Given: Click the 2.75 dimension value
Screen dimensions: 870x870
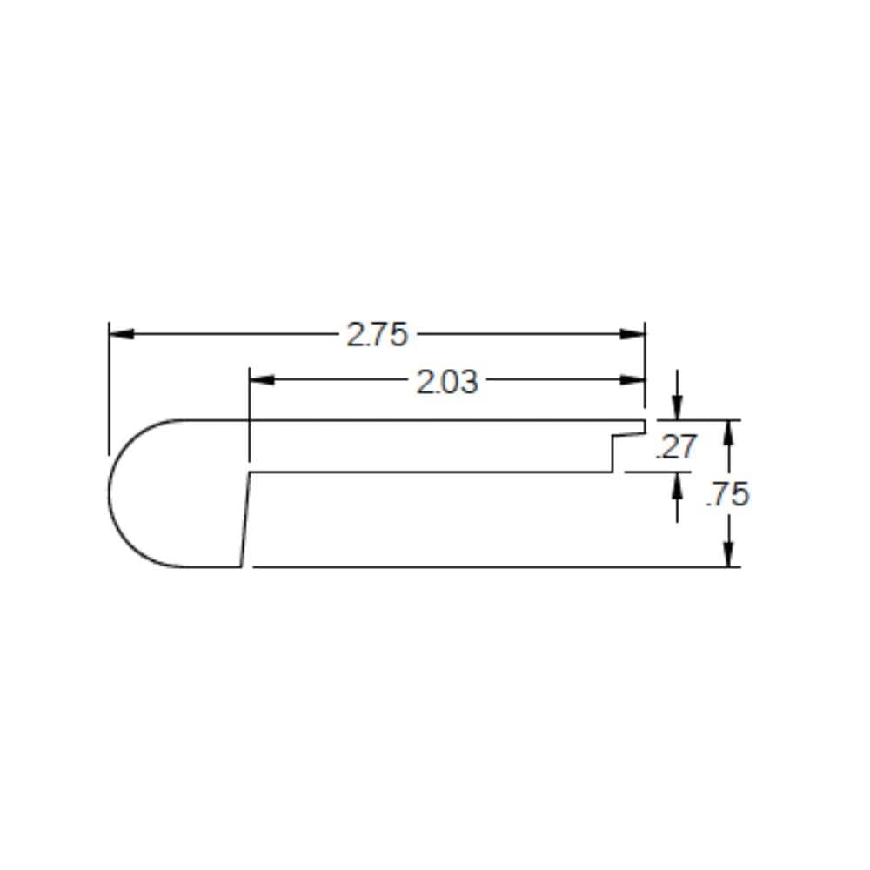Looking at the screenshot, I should click(x=377, y=335).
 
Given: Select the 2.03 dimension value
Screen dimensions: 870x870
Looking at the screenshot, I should click(x=446, y=381).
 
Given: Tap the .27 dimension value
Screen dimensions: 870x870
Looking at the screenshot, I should click(x=676, y=447).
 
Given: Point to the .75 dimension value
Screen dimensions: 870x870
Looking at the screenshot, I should click(x=727, y=494).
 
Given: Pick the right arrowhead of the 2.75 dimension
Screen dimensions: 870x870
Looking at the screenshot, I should click(x=632, y=334).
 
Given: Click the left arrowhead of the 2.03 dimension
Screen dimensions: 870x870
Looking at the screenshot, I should click(x=262, y=380).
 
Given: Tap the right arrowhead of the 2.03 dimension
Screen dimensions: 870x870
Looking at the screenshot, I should click(x=632, y=380).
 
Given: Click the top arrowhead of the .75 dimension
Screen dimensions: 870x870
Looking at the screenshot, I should click(x=729, y=432).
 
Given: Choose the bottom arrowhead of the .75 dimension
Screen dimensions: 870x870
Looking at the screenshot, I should click(x=729, y=554).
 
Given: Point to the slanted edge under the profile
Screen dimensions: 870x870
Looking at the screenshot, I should click(x=245, y=519).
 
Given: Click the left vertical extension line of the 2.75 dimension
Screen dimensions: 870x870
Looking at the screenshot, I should click(x=109, y=391).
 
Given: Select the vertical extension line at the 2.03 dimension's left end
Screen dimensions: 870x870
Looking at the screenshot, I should click(x=250, y=418).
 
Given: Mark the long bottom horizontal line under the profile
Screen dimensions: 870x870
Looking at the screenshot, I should click(x=487, y=566).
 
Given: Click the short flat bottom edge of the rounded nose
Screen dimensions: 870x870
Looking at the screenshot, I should click(x=213, y=566).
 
